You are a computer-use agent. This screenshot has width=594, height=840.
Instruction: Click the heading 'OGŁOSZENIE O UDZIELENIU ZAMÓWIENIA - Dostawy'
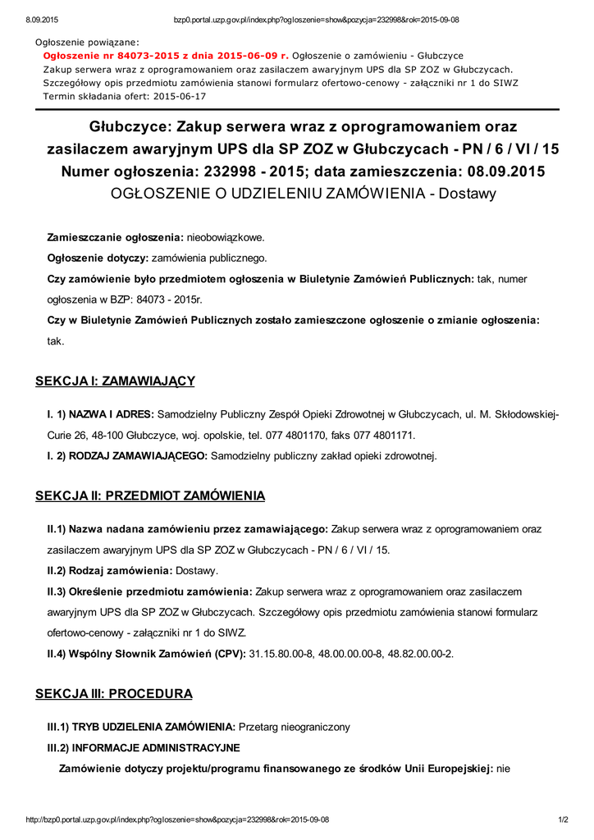click(304, 194)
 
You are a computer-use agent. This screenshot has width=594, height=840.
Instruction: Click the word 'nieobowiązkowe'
click(226, 236)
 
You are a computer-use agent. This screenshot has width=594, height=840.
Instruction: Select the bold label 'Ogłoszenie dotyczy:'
click(93, 258)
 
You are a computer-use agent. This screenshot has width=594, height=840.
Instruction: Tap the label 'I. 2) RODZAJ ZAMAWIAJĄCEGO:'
click(127, 455)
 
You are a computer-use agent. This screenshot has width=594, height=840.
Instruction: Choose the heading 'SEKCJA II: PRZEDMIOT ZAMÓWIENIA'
click(150, 496)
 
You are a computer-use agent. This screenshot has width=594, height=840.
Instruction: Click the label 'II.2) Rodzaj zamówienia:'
click(109, 570)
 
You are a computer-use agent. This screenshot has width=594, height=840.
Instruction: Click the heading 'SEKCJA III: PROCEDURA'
click(114, 694)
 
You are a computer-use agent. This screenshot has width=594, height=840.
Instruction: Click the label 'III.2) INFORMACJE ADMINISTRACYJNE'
click(144, 747)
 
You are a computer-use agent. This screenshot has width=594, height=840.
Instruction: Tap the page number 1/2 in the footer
click(564, 819)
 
